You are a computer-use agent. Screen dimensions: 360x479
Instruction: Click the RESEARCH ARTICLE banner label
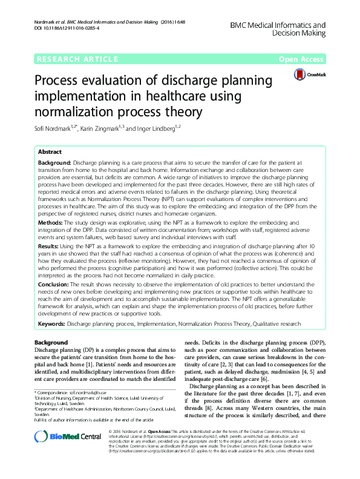pos(77,59)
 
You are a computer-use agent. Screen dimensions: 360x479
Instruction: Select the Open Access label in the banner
pos(302,59)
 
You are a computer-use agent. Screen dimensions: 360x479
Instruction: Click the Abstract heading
pos(50,151)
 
